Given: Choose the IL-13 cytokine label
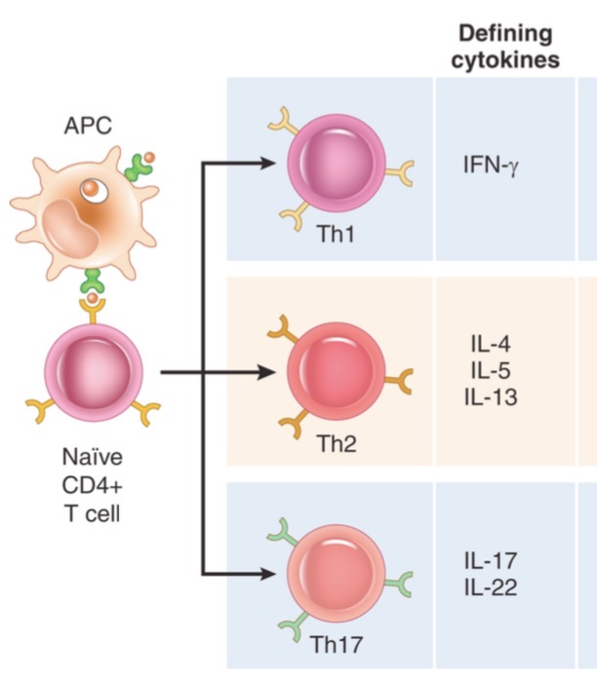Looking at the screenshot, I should (x=492, y=396).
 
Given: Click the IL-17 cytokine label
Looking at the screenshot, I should (x=492, y=562).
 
